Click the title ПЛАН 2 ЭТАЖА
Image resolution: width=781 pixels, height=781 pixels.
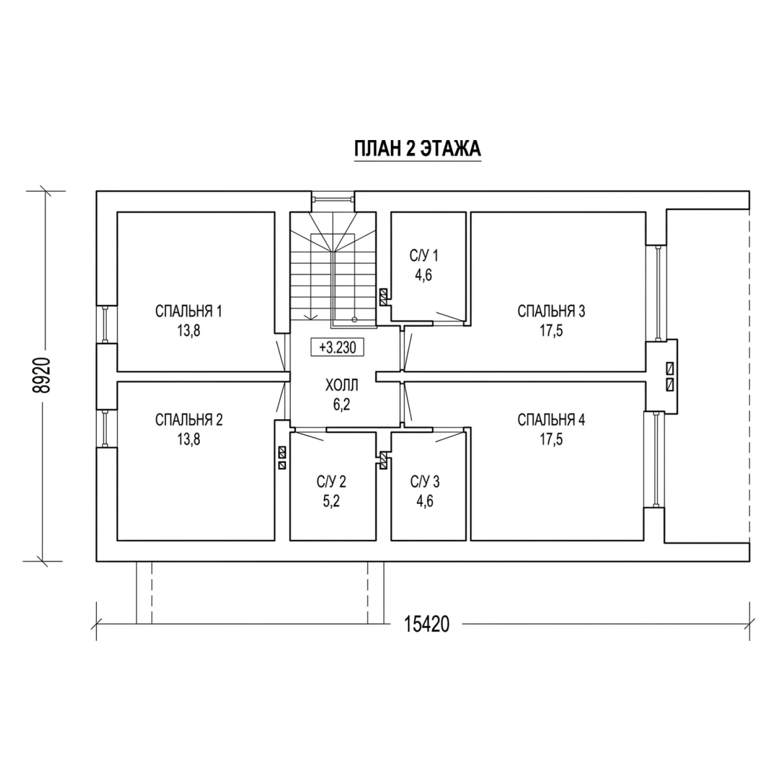click(418, 149)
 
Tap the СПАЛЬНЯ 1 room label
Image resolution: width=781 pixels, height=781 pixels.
click(189, 311)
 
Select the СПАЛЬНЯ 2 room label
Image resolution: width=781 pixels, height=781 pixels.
click(189, 420)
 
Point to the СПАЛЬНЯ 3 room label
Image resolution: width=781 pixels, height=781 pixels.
click(551, 311)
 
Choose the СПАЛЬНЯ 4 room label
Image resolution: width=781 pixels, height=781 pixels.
click(551, 420)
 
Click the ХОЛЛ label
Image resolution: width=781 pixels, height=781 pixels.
click(342, 385)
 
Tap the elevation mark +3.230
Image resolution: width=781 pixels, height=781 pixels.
click(337, 347)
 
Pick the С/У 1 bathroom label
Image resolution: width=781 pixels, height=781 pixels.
click(424, 256)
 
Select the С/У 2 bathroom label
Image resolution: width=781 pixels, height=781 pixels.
click(331, 482)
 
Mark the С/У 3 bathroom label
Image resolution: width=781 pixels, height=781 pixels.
click(425, 482)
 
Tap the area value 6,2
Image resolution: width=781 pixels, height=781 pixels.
click(342, 404)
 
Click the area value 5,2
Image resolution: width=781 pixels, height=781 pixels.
click(331, 501)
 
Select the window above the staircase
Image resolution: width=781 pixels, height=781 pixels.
click(333, 198)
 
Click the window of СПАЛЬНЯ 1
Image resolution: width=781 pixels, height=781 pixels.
click(105, 324)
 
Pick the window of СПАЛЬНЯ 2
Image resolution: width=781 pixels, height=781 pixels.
click(105, 429)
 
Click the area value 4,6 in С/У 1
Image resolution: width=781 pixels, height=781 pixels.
click(424, 275)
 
